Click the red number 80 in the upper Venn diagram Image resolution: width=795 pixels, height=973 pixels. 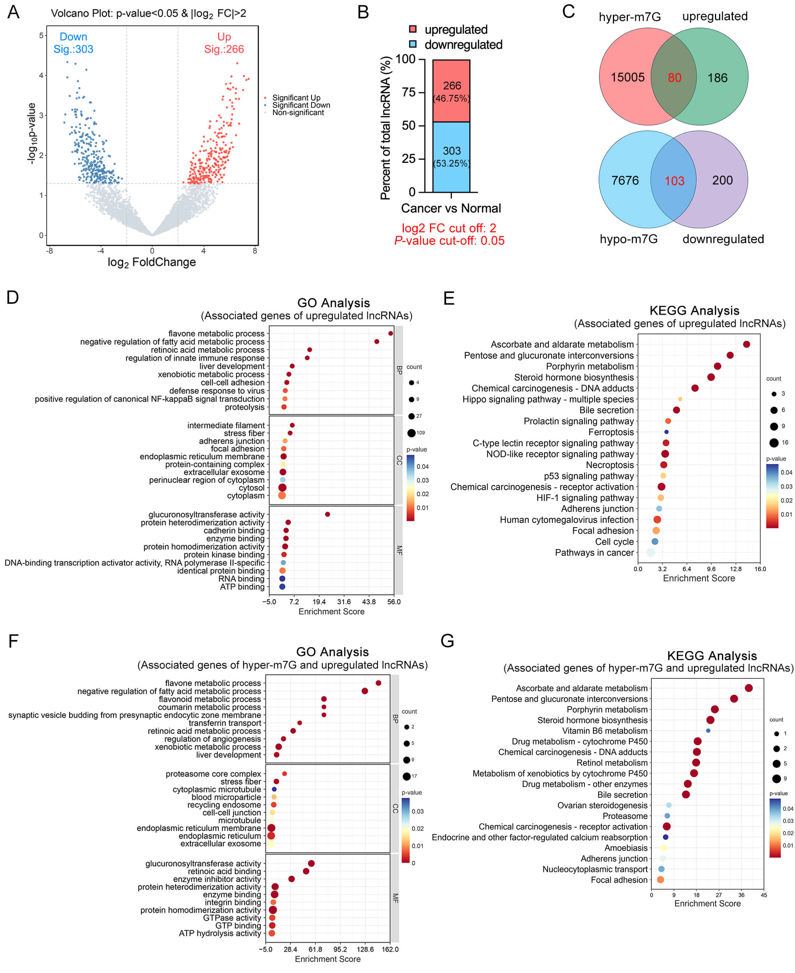(x=674, y=78)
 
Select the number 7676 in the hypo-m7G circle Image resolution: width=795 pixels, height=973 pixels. (x=625, y=180)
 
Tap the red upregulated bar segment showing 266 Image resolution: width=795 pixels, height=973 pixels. (x=451, y=91)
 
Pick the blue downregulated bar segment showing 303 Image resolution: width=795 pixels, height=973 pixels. (x=451, y=157)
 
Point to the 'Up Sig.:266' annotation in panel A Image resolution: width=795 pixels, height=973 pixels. (x=224, y=43)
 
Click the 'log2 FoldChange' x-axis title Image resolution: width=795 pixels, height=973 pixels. (x=151, y=262)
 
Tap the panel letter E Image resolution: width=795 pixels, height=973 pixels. (x=449, y=299)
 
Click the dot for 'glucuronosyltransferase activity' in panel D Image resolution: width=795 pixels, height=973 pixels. (x=328, y=515)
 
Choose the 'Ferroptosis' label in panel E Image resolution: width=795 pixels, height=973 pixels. (x=611, y=432)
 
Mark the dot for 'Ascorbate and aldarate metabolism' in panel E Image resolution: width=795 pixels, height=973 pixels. (x=746, y=344)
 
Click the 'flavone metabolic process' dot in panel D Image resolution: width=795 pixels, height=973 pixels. (x=391, y=333)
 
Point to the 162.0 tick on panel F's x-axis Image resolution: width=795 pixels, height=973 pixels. (x=390, y=949)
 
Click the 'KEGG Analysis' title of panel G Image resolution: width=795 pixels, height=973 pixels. (x=712, y=656)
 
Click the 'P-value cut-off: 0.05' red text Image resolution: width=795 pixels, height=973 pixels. (x=449, y=241)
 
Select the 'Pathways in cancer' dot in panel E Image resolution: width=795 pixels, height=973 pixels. (x=651, y=552)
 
